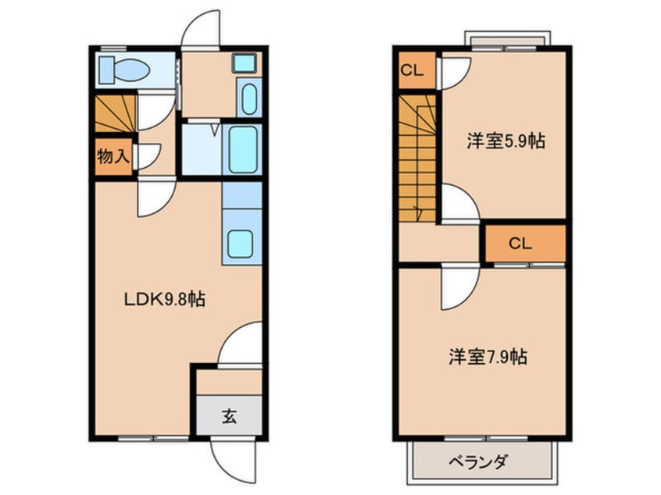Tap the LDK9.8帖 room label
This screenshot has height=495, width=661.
(163, 299)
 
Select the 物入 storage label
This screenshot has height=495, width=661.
(112, 156)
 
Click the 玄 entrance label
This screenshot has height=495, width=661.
(229, 417)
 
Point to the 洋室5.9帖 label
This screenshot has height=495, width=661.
(506, 141)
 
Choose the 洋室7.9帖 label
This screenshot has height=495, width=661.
(487, 357)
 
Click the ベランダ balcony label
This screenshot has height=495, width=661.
(477, 461)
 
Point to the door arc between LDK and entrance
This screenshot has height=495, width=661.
(240, 344)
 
